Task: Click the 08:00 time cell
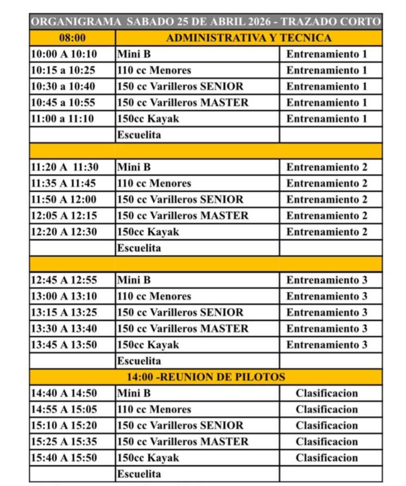(73, 38)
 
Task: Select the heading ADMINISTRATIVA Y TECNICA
(248, 38)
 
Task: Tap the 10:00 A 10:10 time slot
(64, 54)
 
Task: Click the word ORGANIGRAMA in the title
(76, 22)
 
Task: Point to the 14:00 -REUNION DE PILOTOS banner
(206, 377)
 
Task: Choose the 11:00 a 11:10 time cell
(62, 119)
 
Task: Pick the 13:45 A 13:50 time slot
(64, 345)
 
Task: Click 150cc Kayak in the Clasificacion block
(148, 458)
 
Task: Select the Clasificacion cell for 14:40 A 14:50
(327, 393)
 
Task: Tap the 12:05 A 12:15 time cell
(64, 216)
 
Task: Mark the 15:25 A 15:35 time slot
(64, 442)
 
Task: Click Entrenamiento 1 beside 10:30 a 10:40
(327, 87)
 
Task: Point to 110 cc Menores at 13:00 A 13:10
(154, 296)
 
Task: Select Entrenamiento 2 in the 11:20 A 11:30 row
(327, 167)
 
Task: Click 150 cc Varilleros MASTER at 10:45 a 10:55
(183, 103)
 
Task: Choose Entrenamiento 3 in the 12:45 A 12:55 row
(327, 280)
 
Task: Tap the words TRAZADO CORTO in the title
(331, 22)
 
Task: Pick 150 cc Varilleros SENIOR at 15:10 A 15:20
(180, 426)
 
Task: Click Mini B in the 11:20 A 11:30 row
(134, 167)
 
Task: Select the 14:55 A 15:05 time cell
(64, 409)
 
